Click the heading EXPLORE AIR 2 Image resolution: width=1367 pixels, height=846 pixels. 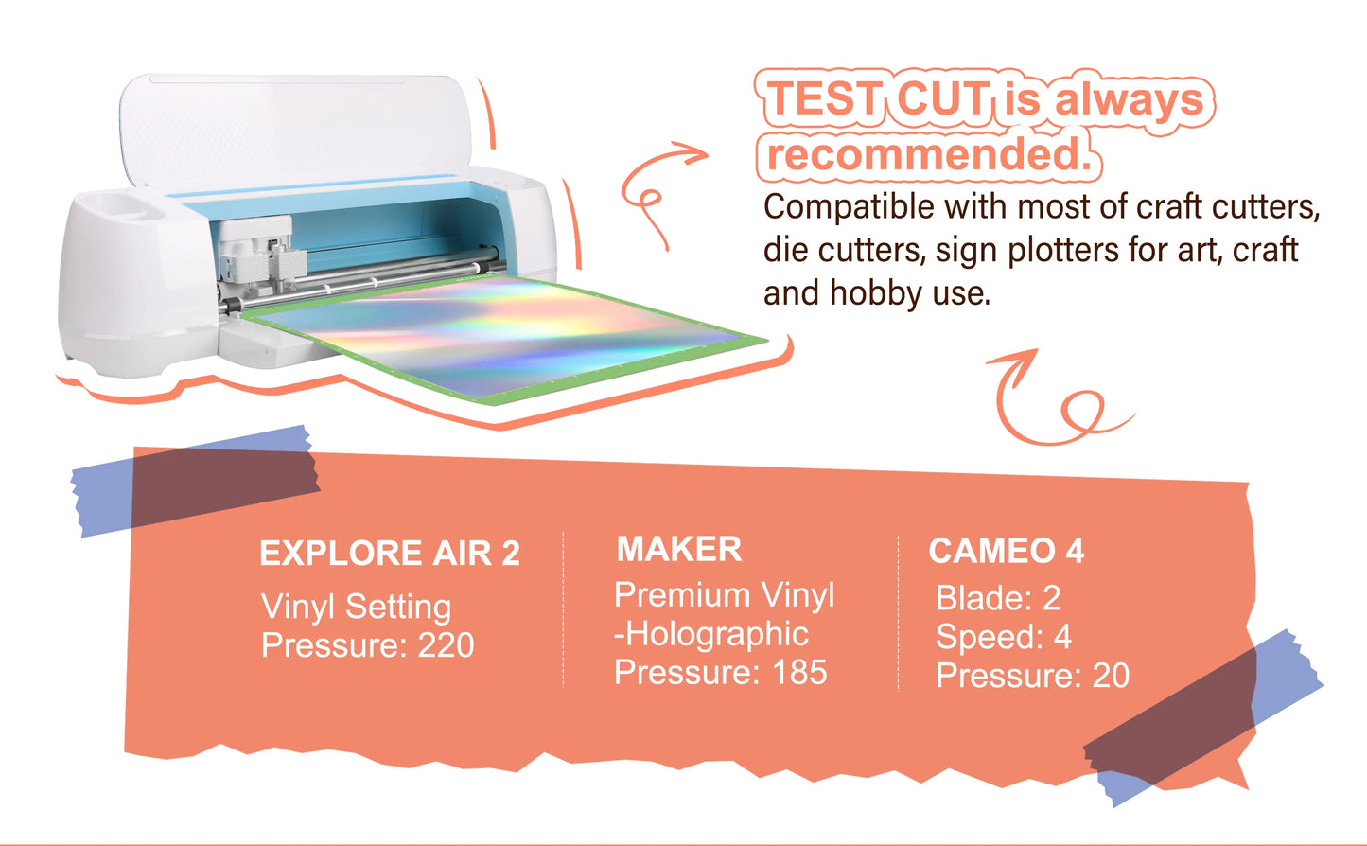tap(390, 553)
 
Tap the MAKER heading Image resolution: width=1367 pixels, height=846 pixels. tap(679, 549)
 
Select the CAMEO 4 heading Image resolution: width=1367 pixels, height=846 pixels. tap(1007, 551)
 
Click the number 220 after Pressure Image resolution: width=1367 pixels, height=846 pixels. tap(446, 645)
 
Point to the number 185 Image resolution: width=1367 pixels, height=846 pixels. tap(799, 672)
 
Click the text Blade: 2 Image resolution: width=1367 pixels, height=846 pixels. tap(998, 597)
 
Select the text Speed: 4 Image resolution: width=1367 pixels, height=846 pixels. tap(1004, 637)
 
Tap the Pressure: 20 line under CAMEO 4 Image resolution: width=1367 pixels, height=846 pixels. tap(1032, 676)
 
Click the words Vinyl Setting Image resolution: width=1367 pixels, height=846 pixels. tap(357, 608)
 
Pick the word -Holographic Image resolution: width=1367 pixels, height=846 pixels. tap(711, 634)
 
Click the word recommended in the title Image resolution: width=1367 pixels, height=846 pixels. tap(928, 153)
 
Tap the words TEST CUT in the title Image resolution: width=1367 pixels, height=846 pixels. tap(878, 98)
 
